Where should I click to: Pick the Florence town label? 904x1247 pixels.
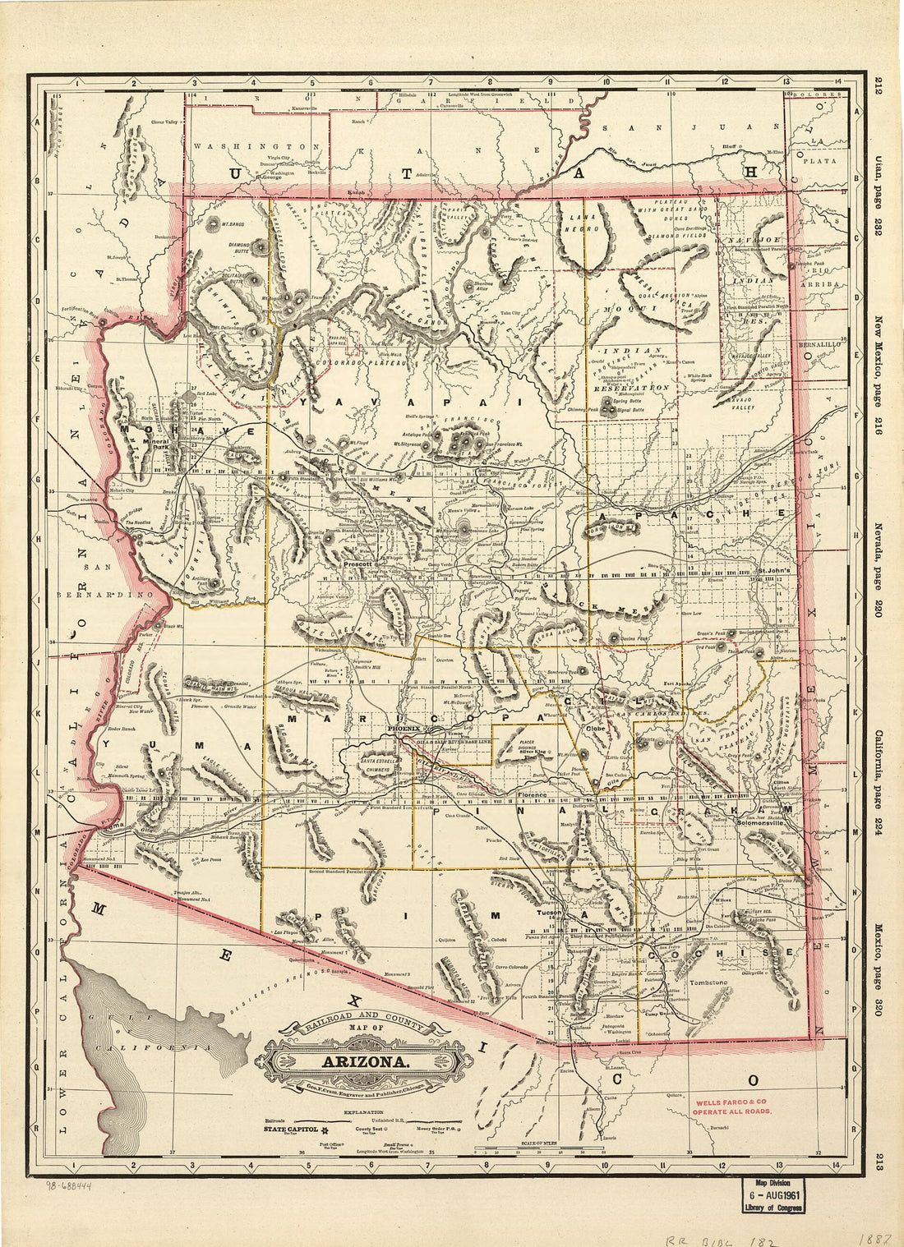click(x=532, y=796)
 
